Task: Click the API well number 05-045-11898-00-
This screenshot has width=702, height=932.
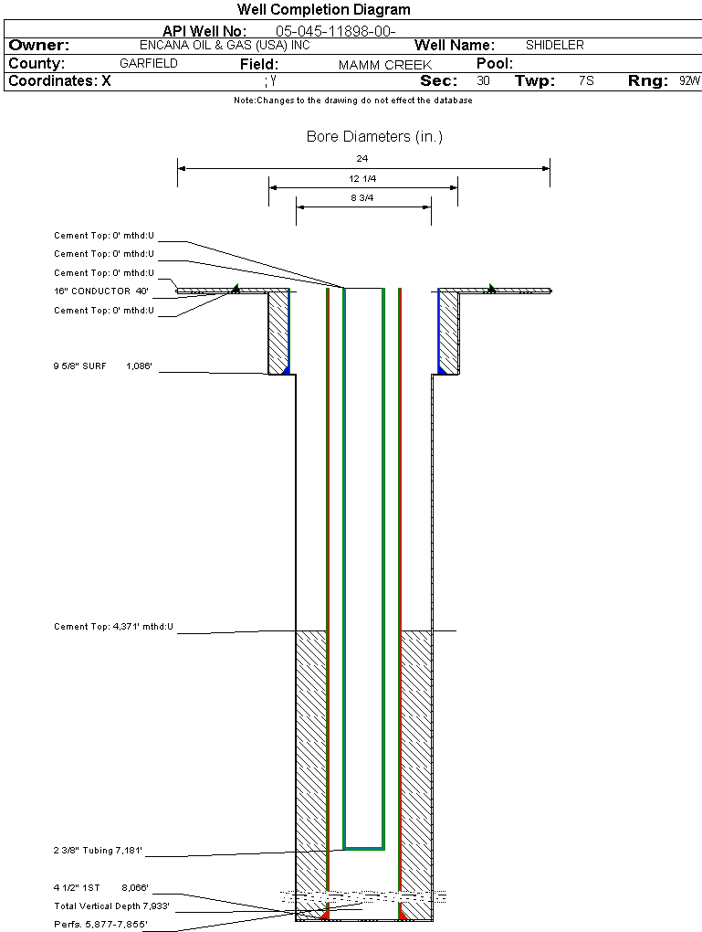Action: (x=335, y=31)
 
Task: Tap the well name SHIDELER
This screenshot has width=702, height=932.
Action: (x=554, y=45)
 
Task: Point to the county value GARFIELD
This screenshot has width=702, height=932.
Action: (x=149, y=64)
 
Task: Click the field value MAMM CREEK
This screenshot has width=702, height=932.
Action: (x=384, y=65)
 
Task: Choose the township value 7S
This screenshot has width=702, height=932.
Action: (x=586, y=81)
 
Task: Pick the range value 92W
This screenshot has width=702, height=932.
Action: (x=689, y=81)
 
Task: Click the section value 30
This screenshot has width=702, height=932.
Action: (x=483, y=81)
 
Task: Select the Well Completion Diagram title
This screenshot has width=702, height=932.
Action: (x=323, y=10)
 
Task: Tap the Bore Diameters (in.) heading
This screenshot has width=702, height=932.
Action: (x=374, y=137)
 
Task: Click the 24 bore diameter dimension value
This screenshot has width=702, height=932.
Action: (x=362, y=159)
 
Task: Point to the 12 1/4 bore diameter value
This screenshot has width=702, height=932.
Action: (x=362, y=178)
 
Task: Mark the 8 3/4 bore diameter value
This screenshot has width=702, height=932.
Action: (x=362, y=197)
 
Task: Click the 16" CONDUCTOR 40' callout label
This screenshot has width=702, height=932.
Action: (x=100, y=291)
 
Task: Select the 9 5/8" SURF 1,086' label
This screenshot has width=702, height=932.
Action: (x=102, y=366)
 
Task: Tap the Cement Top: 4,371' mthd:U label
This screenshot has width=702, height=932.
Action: (x=113, y=627)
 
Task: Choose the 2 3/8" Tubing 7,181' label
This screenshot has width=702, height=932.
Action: (x=98, y=851)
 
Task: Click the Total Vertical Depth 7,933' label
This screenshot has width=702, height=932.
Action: (x=111, y=906)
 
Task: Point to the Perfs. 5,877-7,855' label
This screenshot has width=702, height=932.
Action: (x=100, y=924)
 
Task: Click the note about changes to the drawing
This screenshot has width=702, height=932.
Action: (x=352, y=101)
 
